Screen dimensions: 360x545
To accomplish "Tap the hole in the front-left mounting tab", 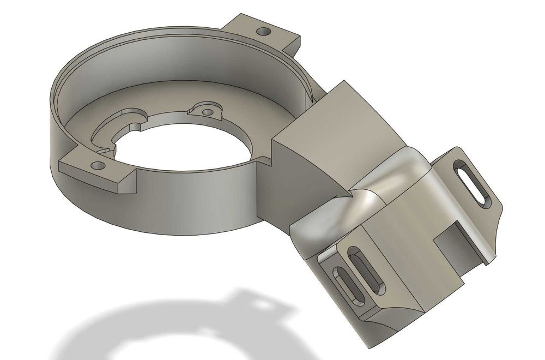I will click(x=97, y=165).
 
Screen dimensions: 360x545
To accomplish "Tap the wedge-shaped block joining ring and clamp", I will click(x=327, y=142).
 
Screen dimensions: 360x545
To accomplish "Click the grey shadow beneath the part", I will click(x=163, y=322).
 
